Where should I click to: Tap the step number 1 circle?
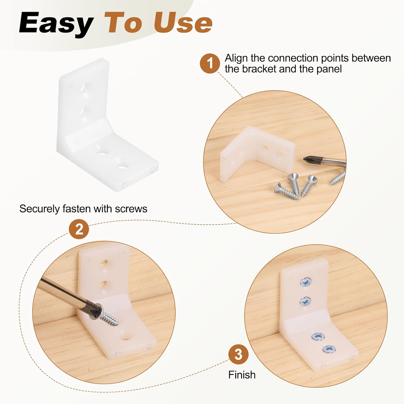coord(210,63)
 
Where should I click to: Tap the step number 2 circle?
coord(79,229)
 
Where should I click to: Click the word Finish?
coord(242,375)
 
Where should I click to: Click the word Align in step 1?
coord(236,58)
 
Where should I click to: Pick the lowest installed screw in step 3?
coord(329,349)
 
